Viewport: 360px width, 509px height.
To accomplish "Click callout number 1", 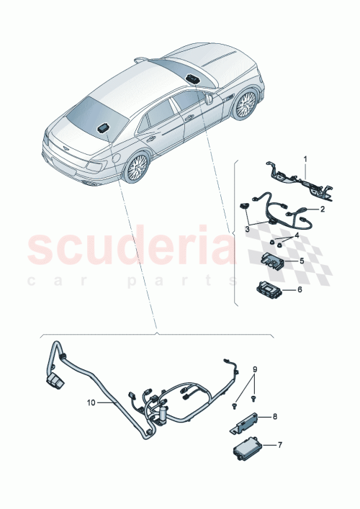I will pos(304,158).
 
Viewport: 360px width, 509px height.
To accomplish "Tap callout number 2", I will pos(322,210).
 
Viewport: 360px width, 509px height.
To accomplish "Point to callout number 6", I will pos(302,290).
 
